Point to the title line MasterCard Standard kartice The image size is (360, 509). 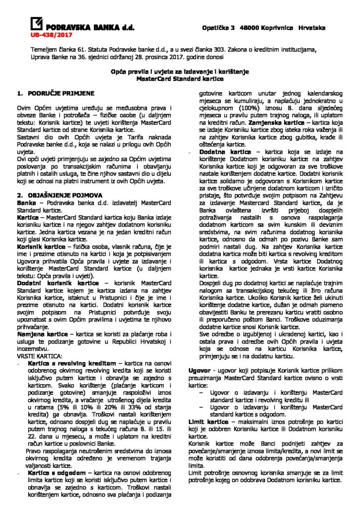pyautogui.click(x=180, y=79)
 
